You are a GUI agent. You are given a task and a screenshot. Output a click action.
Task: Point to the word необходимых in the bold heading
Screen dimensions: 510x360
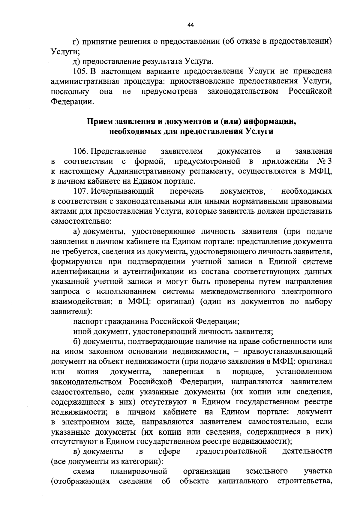click(135, 132)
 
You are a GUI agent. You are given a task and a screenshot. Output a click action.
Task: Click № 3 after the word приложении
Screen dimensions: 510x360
click(325, 161)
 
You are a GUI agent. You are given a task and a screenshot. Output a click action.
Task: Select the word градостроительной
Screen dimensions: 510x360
click(231, 451)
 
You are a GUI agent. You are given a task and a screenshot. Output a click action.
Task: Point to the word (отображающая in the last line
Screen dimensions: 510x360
click(80, 481)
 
